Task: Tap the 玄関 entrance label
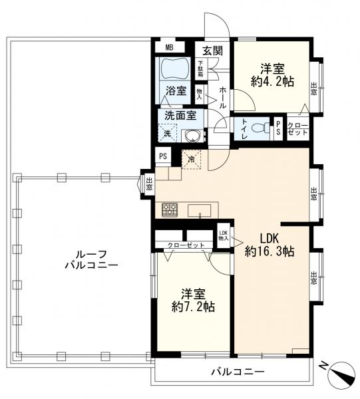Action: (212, 49)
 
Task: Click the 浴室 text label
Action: (176, 91)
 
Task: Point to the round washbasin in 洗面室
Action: (194, 136)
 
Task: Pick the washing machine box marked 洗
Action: (168, 134)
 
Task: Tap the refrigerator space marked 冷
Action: (192, 160)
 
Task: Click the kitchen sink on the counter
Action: (200, 211)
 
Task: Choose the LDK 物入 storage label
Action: (224, 235)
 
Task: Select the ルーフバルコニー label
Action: (91, 259)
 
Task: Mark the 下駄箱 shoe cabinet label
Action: (200, 69)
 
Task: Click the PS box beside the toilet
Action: (278, 128)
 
